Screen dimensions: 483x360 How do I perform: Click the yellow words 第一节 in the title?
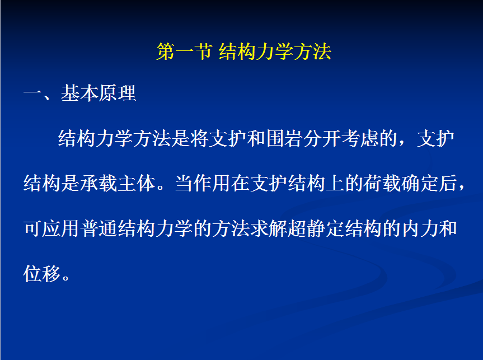point(184,52)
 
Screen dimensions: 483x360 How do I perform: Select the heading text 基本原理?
point(99,93)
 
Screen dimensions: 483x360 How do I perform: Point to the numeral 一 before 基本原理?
point(32,93)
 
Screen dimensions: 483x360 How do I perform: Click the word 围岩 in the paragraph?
point(285,138)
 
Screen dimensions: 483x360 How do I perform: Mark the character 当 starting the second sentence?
point(184,183)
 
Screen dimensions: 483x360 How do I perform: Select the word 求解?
point(269,228)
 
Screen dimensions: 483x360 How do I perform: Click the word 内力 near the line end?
point(420,228)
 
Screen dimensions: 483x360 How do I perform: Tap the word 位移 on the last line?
point(42,274)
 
